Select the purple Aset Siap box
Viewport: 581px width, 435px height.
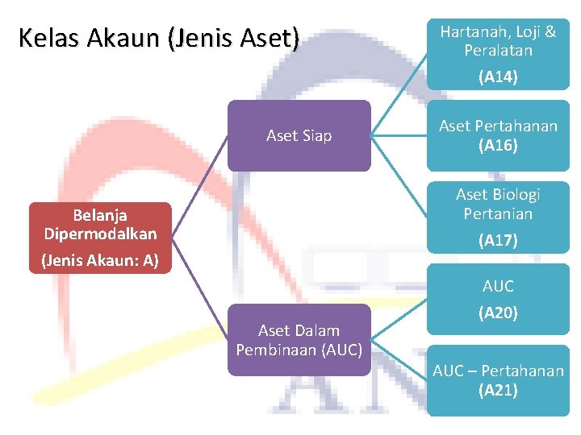click(299, 135)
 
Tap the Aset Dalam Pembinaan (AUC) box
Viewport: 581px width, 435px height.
click(299, 340)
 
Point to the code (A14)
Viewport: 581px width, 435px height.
click(498, 77)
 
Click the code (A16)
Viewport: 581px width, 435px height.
click(498, 146)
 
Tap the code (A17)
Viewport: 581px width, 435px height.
click(498, 240)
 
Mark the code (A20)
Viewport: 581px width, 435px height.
click(498, 313)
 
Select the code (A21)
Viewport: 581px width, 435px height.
click(498, 391)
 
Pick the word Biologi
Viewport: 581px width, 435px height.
click(516, 194)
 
